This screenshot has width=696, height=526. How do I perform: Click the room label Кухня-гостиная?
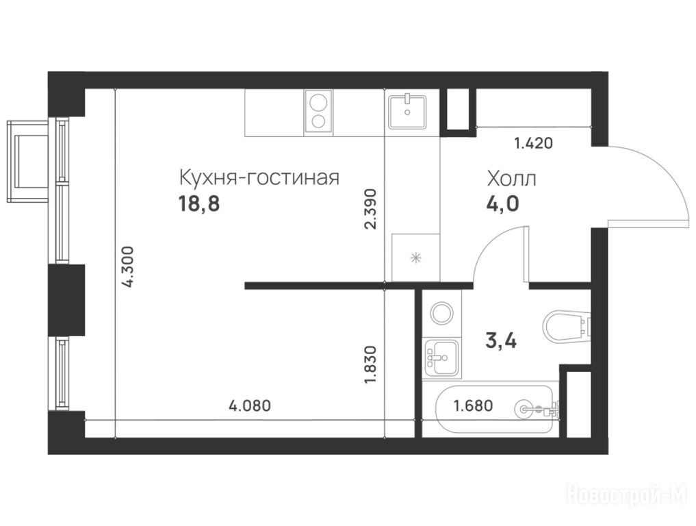pos(259,177)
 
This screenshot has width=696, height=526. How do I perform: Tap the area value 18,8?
pos(199,204)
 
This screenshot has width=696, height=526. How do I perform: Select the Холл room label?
pos(512,179)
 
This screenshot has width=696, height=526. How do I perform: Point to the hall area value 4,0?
pos(503,204)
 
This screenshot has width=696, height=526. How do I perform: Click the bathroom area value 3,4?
pos(502,341)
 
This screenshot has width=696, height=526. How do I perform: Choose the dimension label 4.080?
pos(249,405)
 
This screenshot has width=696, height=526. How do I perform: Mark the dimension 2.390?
pos(370,209)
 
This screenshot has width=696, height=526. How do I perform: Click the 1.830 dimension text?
pos(370,365)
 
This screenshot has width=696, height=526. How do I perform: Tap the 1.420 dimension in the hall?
pos(534,144)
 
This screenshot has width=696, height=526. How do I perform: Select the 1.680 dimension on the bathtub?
pos(473,405)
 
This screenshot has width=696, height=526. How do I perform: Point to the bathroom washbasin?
pos(441,356)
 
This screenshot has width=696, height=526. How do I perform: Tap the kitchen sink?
pos(407,112)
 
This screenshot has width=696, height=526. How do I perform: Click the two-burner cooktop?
pos(318,112)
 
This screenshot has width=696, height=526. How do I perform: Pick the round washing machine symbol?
pos(441,312)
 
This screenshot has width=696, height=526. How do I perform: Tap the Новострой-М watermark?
pos(628,494)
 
